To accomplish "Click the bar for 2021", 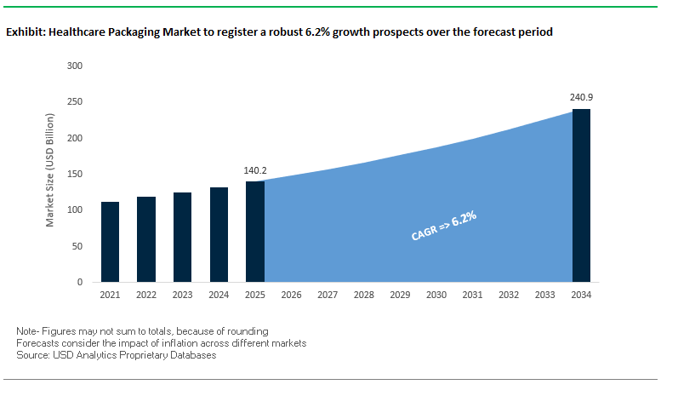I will click(x=110, y=242).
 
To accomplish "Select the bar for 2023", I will click(x=182, y=237).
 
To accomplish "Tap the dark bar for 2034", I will click(x=581, y=195).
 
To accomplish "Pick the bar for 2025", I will click(x=254, y=232).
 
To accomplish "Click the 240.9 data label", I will click(x=581, y=97).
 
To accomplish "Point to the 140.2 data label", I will click(x=254, y=169).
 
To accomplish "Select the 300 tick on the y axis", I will click(x=75, y=66).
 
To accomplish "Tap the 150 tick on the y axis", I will click(x=75, y=174).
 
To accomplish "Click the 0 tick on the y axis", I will click(x=80, y=282).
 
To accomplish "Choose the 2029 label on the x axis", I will click(x=400, y=295).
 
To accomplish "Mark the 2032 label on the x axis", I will click(x=509, y=295).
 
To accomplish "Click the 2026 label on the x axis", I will click(x=291, y=295).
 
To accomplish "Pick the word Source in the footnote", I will click(x=32, y=354).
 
